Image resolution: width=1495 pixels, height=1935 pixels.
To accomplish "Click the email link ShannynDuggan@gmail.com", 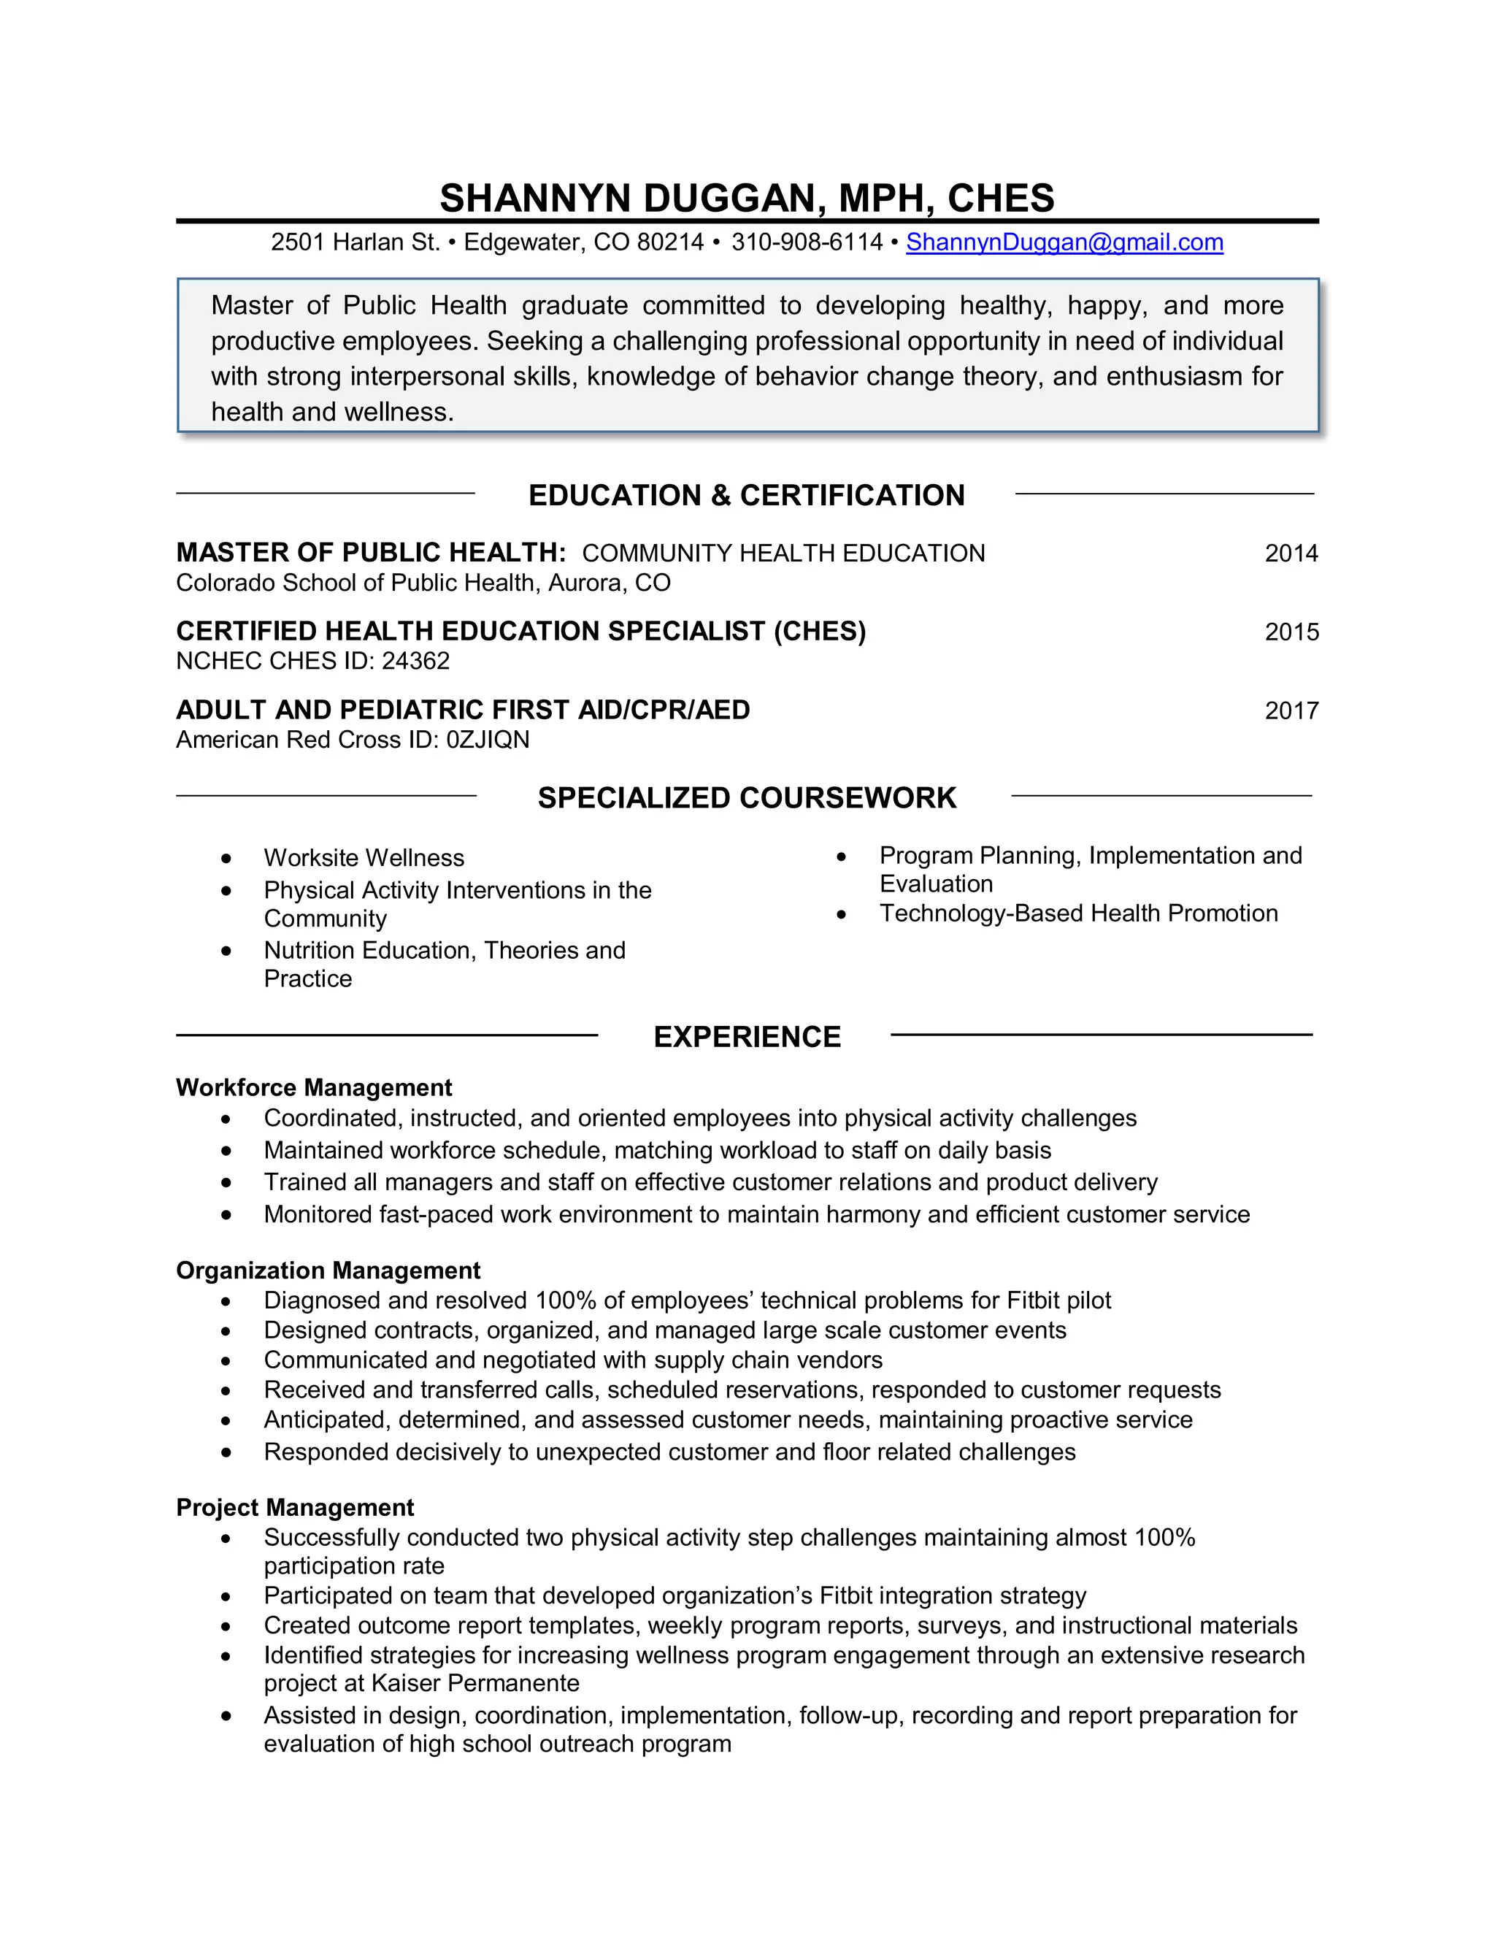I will coord(1064,242).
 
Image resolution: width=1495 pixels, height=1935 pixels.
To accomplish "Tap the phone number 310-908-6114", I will coord(807,242).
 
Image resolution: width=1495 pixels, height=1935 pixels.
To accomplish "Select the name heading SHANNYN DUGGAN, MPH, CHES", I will coord(747,198).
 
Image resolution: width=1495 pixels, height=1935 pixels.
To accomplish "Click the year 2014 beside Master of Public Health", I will coord(1291,553).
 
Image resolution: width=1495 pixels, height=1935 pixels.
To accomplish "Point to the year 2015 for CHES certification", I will coord(1291,632).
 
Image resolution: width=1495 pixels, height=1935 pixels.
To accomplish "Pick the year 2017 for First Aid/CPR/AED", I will coord(1291,710).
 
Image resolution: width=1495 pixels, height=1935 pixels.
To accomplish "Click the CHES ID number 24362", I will coord(415,661).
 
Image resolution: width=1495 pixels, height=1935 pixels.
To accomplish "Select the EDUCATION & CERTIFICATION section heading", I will coord(746,495).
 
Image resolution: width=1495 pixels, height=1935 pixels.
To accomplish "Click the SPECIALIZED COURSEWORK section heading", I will coord(747,797).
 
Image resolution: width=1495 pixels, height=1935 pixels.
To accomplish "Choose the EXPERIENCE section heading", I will coord(747,1037).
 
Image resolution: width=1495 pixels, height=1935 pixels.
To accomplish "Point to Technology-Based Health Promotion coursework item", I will coord(1078,913).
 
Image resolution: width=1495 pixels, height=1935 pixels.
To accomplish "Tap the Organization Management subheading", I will coord(328,1271).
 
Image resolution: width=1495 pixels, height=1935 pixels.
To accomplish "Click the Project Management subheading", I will coord(295,1507).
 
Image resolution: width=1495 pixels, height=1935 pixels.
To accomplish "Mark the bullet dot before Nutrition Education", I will coord(227,951).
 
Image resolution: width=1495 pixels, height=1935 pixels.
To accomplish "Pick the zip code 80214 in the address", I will coord(669,242).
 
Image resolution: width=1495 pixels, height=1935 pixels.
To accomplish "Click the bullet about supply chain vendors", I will coord(572,1360).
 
